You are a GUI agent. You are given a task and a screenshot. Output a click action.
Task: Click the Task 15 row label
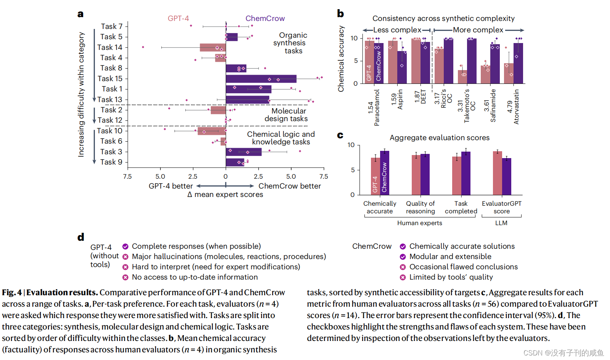[x=110, y=78]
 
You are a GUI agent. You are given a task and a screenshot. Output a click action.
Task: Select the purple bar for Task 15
[x=261, y=79]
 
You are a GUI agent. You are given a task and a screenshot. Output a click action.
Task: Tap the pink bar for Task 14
[x=212, y=48]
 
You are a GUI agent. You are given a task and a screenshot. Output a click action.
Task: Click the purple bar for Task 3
[x=244, y=152]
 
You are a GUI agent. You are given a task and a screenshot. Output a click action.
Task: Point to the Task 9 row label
[x=111, y=162]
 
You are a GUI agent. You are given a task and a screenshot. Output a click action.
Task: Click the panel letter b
[x=340, y=14]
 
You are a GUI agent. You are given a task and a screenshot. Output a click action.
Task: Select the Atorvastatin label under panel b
[x=513, y=107]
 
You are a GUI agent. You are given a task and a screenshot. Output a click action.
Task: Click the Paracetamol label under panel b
[x=374, y=108]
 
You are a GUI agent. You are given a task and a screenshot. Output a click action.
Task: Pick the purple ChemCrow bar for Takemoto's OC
[x=472, y=61]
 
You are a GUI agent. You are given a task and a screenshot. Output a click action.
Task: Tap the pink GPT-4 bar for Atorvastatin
[x=509, y=74]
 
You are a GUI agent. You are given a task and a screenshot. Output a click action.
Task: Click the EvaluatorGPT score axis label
[x=501, y=207]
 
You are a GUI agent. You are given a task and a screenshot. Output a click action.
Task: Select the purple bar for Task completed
[x=466, y=173]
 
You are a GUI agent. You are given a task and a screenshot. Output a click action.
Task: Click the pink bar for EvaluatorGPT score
[x=497, y=173]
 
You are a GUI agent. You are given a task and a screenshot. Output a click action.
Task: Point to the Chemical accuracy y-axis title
[x=341, y=59]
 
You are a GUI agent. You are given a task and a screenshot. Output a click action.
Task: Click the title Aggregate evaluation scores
[x=439, y=138]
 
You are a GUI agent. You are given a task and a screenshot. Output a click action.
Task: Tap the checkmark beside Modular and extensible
[x=403, y=257]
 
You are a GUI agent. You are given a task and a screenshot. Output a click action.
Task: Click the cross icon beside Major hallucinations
[x=125, y=257]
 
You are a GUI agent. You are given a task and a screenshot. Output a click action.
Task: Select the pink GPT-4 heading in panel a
[x=178, y=18]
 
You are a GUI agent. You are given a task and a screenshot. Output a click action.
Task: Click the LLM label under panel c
[x=501, y=223]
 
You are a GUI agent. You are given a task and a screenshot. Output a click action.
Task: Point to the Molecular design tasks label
[x=287, y=115]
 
